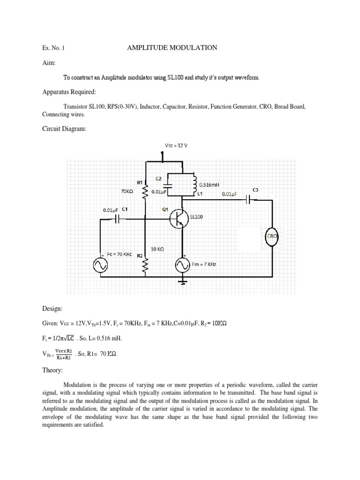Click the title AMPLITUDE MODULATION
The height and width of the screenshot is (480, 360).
click(172, 47)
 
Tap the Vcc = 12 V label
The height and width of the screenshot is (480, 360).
click(176, 145)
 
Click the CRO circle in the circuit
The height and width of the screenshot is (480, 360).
click(273, 237)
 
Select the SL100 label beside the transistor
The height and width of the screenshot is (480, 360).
click(196, 217)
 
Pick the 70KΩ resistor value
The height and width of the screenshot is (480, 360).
click(127, 191)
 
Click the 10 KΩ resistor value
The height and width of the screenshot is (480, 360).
click(157, 249)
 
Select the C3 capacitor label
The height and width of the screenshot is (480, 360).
click(255, 189)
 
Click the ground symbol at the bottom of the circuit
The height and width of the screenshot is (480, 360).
click(182, 281)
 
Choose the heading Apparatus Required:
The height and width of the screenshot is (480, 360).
click(65, 91)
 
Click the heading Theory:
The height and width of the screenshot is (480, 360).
click(52, 370)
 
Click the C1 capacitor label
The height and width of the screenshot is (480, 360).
click(125, 209)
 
